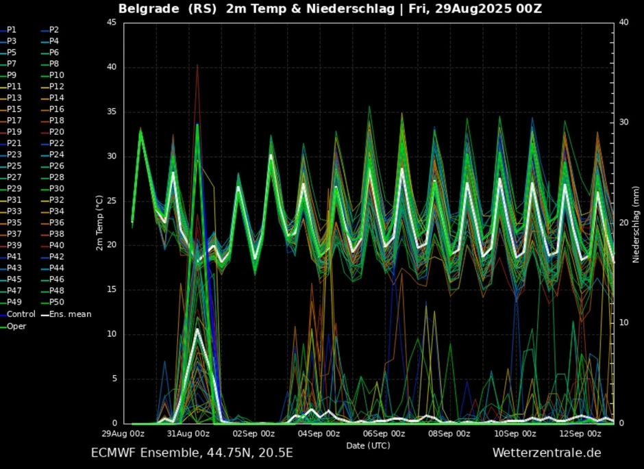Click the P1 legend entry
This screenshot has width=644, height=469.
tap(12, 30)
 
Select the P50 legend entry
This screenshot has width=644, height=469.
tap(56, 303)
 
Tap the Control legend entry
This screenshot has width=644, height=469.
tap(21, 314)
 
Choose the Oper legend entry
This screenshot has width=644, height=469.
tap(16, 326)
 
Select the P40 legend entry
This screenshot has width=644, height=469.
tap(56, 246)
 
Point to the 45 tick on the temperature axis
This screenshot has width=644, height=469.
tap(110, 23)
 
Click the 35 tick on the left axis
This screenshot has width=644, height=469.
tap(110, 112)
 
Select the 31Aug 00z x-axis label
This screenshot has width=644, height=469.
tap(188, 434)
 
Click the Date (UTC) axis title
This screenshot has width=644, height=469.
tap(368, 446)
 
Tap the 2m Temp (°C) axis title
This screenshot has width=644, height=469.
tap(99, 222)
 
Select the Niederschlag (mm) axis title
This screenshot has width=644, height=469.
tap(636, 222)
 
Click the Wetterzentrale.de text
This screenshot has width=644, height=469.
tap(546, 453)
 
